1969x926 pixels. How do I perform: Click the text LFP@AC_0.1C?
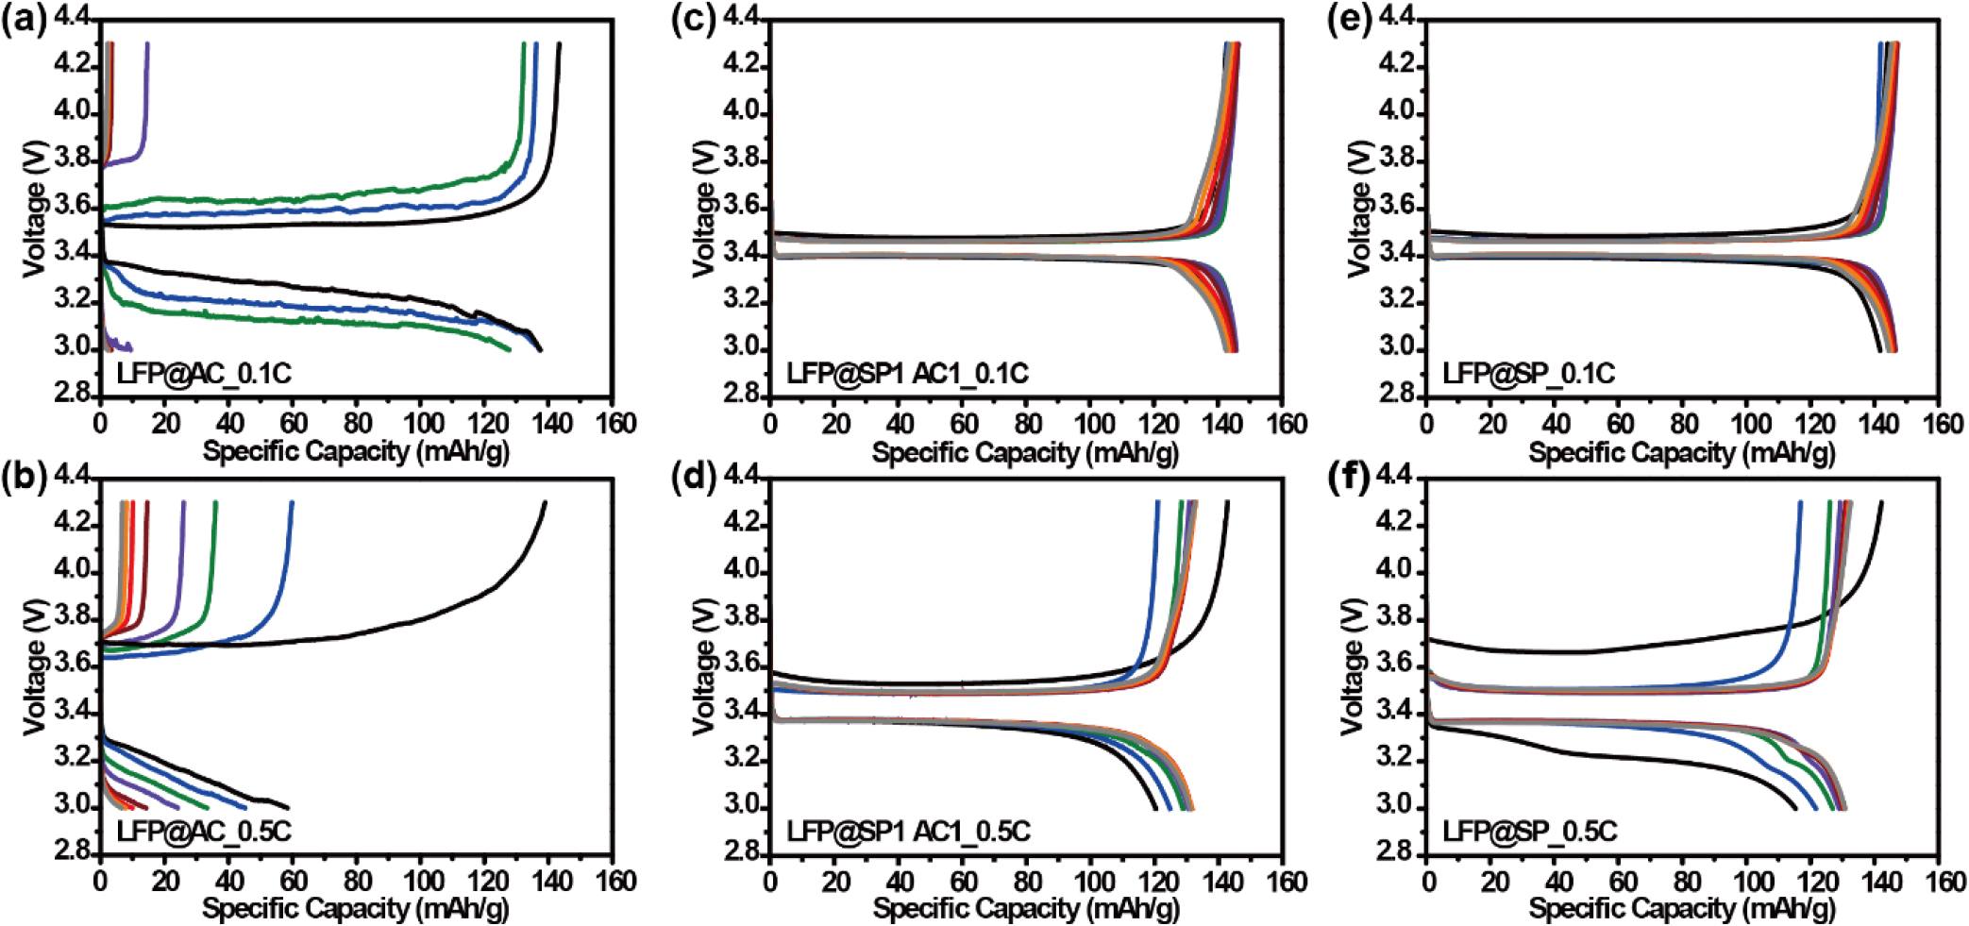pos(204,374)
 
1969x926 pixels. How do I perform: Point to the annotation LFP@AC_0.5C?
pos(204,832)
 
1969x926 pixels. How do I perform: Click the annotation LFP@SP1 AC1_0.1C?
pos(907,374)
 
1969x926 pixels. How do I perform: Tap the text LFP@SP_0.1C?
pos(1528,374)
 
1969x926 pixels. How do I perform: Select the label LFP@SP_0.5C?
pos(1529,832)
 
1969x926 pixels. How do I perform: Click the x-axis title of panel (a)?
pos(356,451)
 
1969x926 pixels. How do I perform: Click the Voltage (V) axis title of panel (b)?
pos(35,665)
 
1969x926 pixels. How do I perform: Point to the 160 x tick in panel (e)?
pos(1943,423)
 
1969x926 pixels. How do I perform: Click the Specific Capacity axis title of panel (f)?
pos(1682,909)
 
